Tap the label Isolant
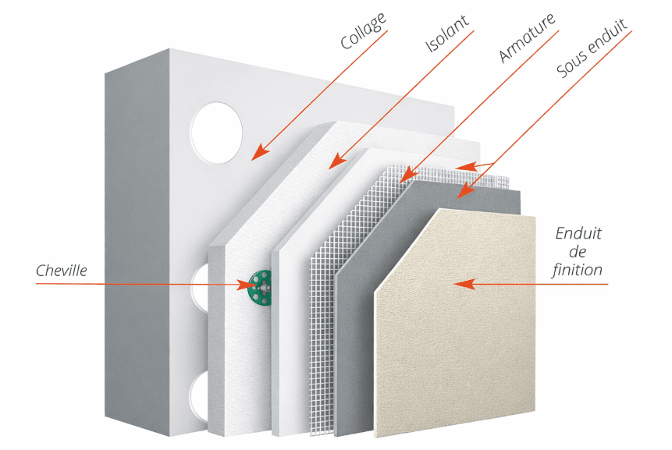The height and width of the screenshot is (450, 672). [x=447, y=34]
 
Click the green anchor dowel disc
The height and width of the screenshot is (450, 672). [x=256, y=286]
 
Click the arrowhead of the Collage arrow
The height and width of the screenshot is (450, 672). [x=256, y=154]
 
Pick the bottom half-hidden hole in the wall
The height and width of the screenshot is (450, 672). [x=201, y=394]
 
